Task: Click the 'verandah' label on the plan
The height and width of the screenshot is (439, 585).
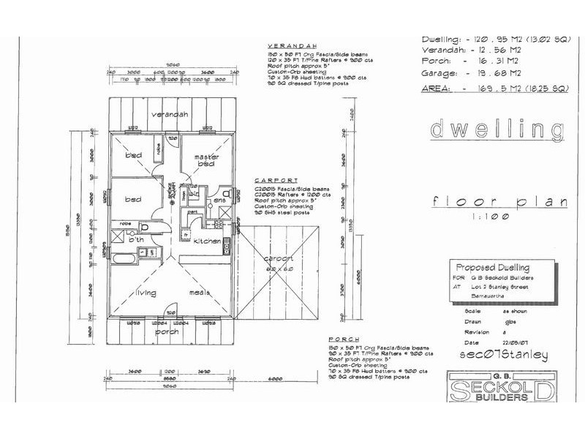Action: pyautogui.click(x=170, y=115)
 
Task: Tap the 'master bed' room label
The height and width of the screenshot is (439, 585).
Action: pyautogui.click(x=207, y=162)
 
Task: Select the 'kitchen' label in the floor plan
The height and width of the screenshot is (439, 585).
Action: pyautogui.click(x=207, y=241)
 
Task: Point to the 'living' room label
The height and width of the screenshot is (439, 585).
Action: pyautogui.click(x=150, y=294)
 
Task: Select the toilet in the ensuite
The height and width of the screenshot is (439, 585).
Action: pyautogui.click(x=227, y=194)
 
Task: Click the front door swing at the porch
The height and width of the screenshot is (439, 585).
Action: pyautogui.click(x=170, y=310)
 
